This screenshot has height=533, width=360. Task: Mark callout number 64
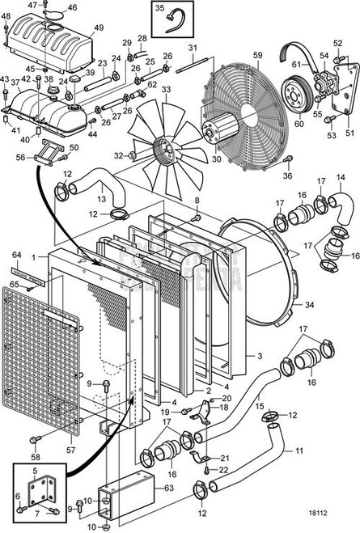click(x=16, y=256)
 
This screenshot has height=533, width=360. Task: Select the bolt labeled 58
click(x=35, y=438)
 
